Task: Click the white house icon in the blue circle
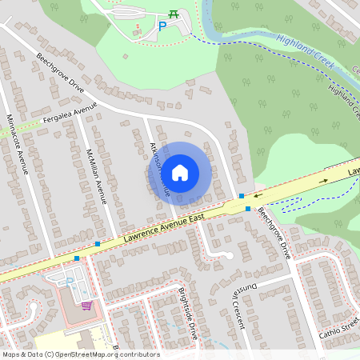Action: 180,172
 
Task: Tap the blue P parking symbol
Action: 162,27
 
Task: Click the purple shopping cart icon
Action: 86,305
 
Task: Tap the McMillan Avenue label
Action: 97,175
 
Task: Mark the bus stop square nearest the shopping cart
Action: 77,258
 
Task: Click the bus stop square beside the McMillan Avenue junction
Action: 98,243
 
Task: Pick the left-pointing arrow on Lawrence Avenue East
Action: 258,193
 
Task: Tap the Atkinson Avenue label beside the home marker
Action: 159,169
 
